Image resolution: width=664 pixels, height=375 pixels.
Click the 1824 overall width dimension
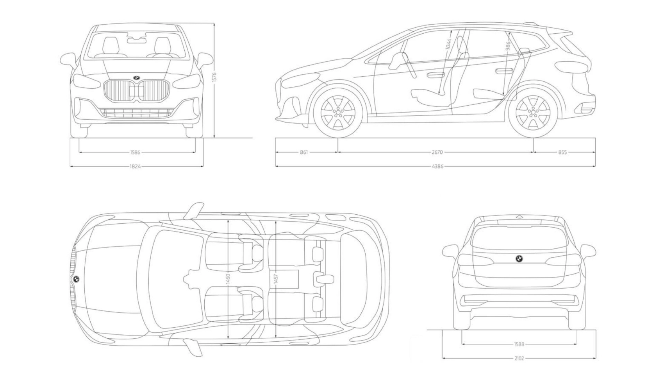(135, 167)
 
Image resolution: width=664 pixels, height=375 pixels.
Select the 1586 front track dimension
(135, 153)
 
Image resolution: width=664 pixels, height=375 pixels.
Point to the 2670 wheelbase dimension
(437, 152)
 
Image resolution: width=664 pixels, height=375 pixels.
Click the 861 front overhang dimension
(304, 152)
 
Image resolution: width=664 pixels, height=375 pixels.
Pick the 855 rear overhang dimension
(562, 152)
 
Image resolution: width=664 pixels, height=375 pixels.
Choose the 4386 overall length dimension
(437, 167)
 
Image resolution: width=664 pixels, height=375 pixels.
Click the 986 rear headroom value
(508, 46)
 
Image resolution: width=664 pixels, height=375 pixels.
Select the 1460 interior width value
(228, 278)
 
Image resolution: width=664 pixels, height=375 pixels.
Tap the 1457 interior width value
(276, 278)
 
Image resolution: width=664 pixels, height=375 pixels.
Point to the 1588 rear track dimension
(519, 344)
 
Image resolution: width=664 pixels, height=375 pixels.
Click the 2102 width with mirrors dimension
(519, 358)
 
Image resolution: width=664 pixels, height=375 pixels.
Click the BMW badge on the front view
(136, 77)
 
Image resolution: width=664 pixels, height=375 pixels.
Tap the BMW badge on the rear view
(519, 258)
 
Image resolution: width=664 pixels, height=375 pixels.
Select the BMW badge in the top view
(76, 279)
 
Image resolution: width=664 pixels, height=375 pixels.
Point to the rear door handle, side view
(504, 71)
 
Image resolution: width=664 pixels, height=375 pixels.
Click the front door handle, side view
(436, 74)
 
